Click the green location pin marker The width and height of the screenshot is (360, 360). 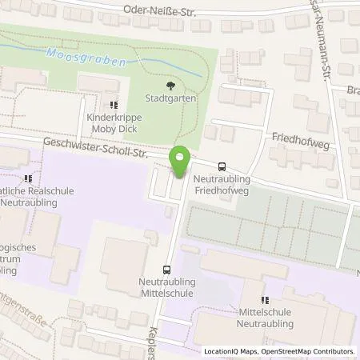coord(180,162)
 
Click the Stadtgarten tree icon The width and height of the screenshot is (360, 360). coord(168,86)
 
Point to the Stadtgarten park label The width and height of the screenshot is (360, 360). coord(168,99)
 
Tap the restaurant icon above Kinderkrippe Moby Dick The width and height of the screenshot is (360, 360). coord(114,104)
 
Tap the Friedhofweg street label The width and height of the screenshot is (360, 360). coord(296,138)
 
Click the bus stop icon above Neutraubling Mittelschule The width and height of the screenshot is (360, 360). coord(167,270)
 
